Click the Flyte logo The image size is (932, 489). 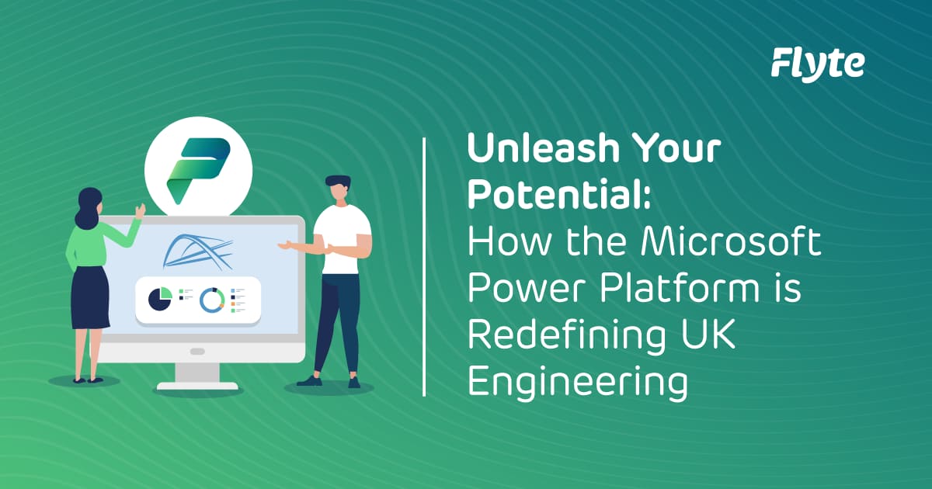817,63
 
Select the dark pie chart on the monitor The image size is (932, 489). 160,298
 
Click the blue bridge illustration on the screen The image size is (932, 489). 198,250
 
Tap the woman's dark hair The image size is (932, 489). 87,206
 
